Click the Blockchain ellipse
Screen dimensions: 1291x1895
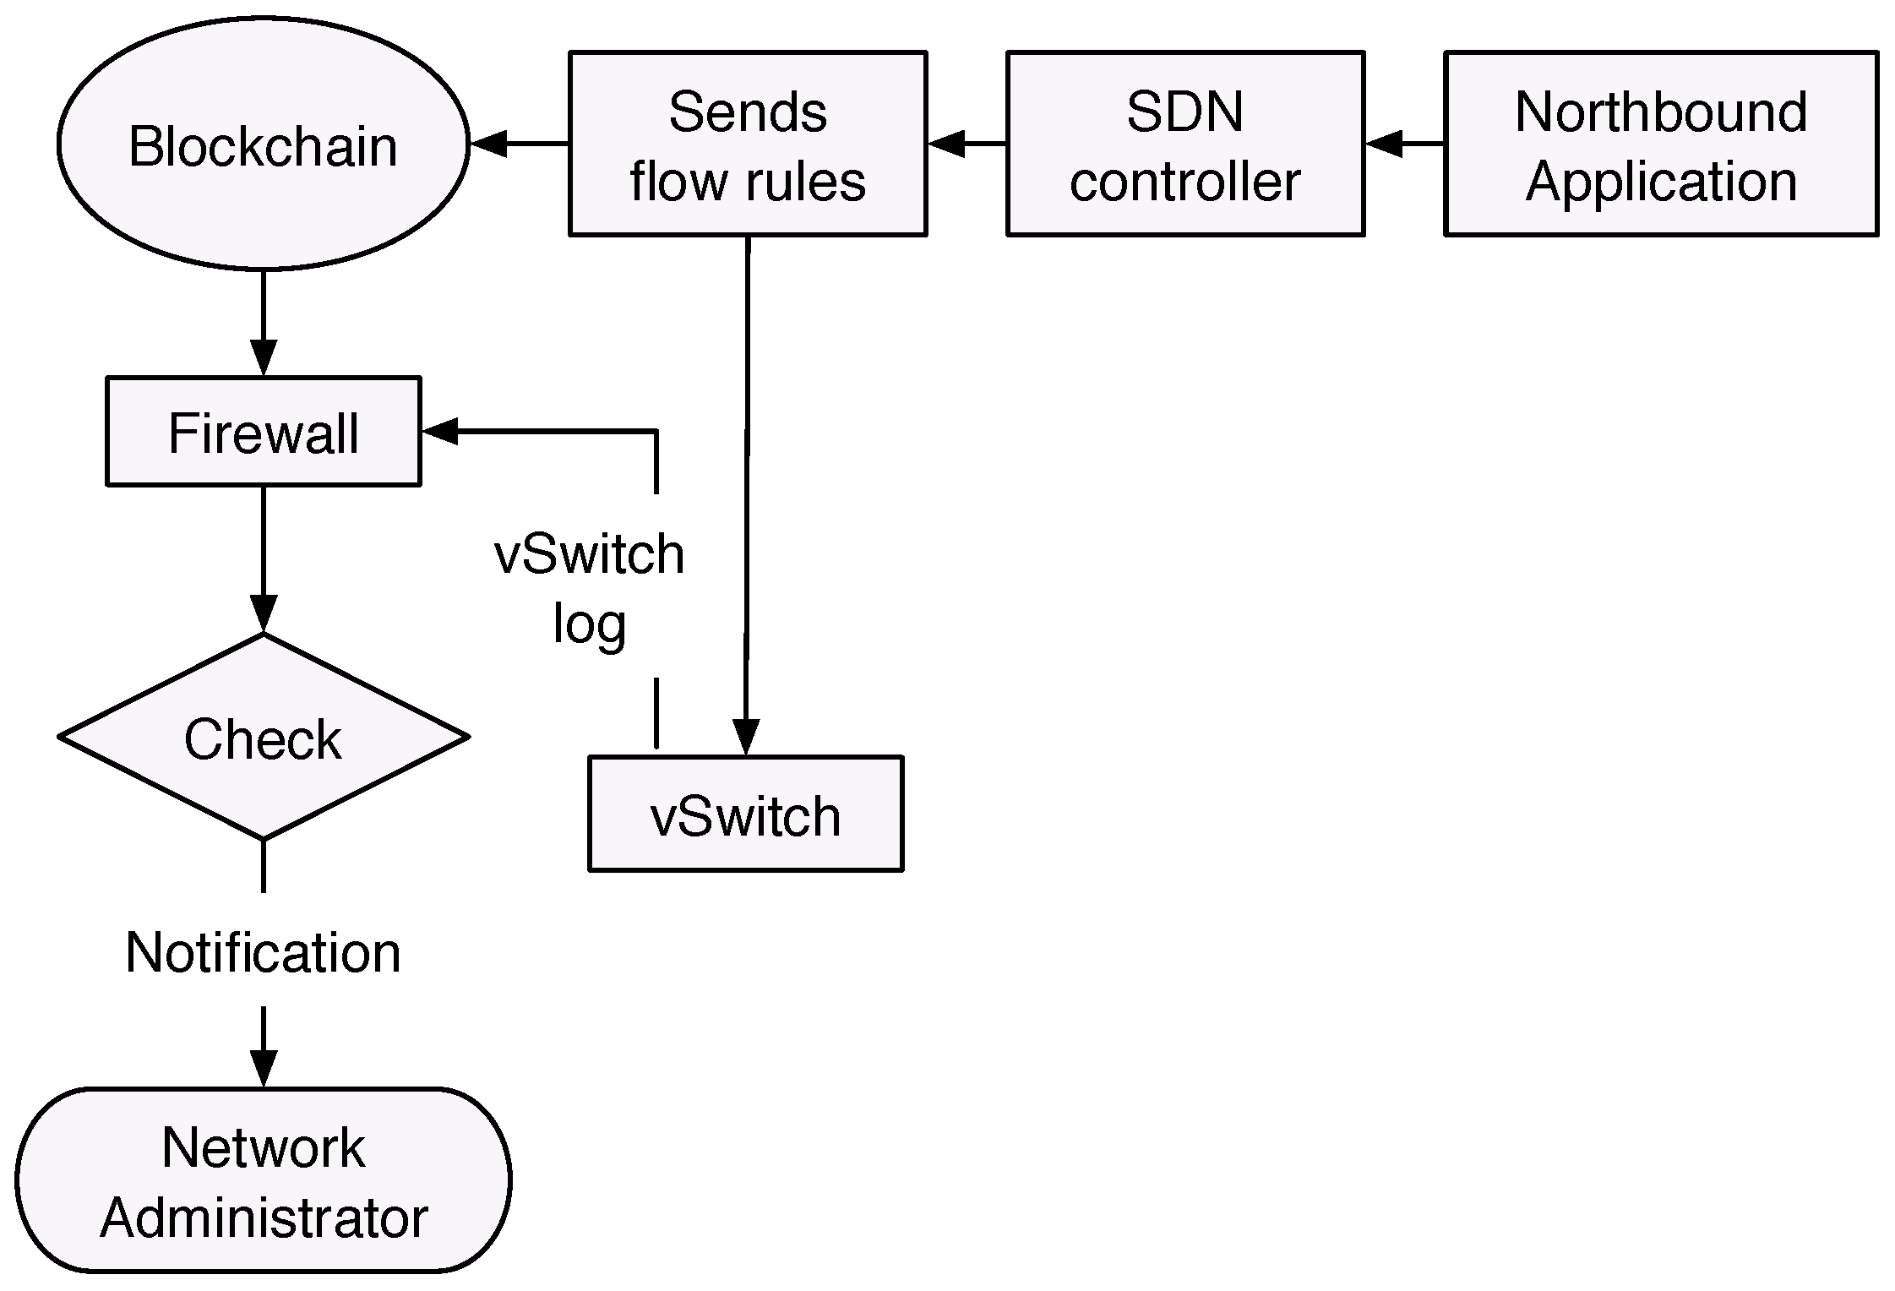click(263, 144)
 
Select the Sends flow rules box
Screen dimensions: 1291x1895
click(748, 144)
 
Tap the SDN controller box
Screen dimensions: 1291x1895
click(1184, 144)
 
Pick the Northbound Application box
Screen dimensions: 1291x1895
click(1661, 144)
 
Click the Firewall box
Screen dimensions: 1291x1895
click(263, 432)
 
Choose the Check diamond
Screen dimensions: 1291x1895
click(263, 738)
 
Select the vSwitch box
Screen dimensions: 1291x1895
click(745, 814)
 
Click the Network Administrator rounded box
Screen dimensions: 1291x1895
click(263, 1180)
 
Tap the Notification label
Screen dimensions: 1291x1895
click(263, 952)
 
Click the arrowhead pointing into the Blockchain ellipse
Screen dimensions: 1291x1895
click(488, 144)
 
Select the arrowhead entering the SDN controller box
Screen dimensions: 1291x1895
click(1384, 144)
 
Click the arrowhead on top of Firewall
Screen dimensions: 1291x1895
click(264, 358)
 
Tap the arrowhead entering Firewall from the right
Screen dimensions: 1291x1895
click(439, 431)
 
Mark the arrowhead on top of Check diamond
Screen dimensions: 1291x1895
click(264, 613)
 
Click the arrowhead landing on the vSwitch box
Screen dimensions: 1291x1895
click(745, 737)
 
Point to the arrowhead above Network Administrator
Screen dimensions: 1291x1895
click(264, 1069)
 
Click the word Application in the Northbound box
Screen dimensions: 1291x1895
click(1661, 181)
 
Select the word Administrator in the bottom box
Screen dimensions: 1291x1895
click(264, 1217)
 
